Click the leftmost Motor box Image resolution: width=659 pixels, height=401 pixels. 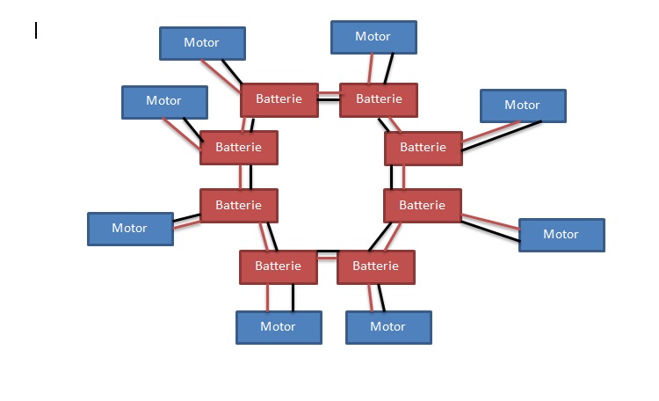(130, 229)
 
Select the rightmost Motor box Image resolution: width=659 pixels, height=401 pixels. (561, 235)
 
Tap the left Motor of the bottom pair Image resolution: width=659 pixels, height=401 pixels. (279, 327)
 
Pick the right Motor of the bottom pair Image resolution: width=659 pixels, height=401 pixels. (388, 327)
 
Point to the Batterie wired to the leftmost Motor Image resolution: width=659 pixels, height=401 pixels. (238, 206)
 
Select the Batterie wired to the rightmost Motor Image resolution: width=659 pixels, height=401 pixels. (423, 206)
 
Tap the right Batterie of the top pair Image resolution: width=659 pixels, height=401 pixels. (379, 99)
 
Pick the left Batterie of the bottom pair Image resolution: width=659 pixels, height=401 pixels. (278, 266)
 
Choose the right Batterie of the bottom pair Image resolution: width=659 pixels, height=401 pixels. (375, 266)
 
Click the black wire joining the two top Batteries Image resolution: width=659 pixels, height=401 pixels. (329, 100)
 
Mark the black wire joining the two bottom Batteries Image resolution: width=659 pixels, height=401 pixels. (327, 252)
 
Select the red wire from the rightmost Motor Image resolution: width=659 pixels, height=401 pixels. (492, 222)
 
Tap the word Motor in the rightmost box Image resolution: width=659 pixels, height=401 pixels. (561, 235)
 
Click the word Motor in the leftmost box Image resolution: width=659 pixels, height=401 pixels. (130, 229)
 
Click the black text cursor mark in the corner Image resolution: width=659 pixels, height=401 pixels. (36, 31)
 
